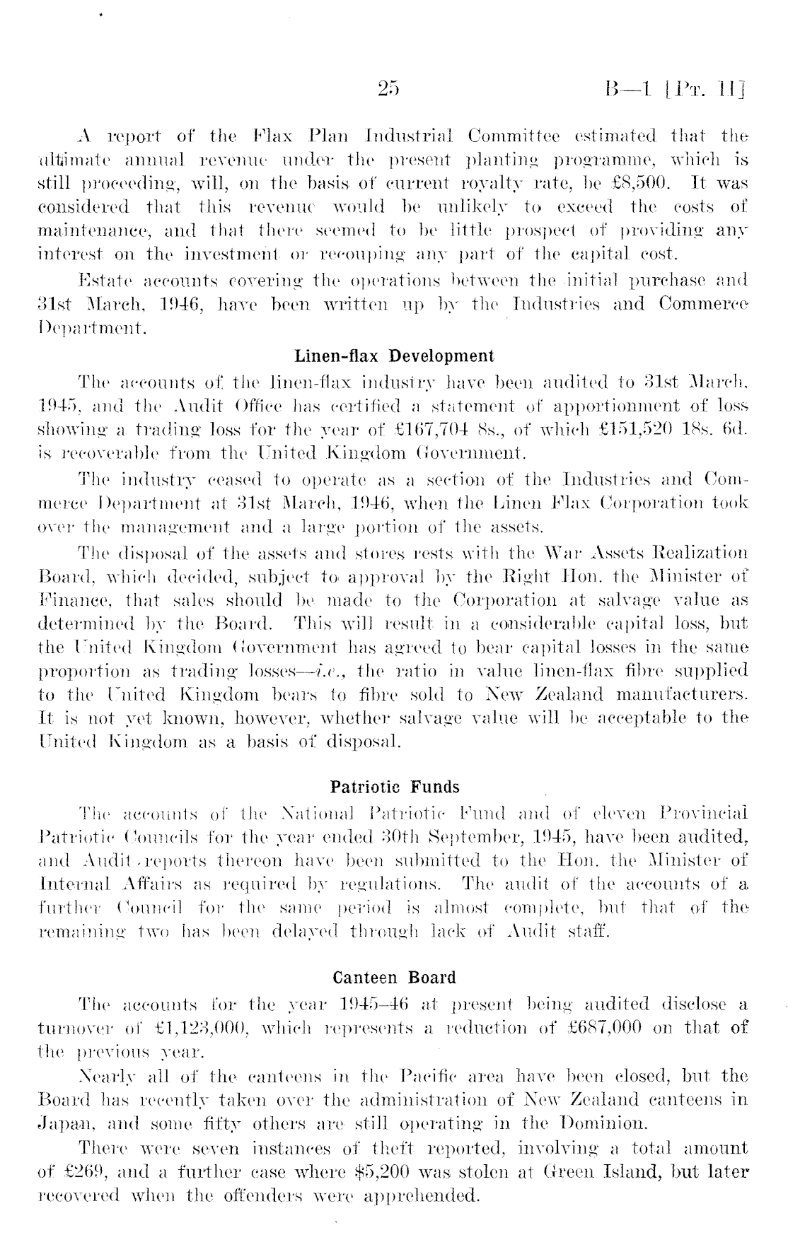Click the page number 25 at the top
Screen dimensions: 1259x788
click(389, 89)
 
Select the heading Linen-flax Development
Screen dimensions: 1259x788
click(394, 355)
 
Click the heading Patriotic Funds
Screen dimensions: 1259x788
click(395, 787)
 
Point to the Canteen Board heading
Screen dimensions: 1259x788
click(394, 978)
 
